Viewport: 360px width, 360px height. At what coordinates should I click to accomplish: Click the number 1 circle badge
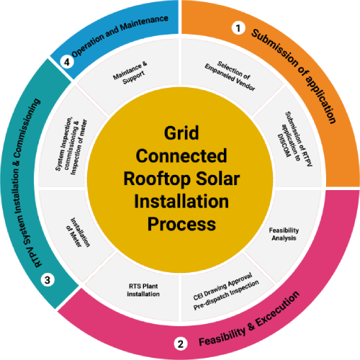[238, 28]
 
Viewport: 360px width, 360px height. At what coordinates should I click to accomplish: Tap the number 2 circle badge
[181, 343]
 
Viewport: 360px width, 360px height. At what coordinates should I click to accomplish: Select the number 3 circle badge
[48, 280]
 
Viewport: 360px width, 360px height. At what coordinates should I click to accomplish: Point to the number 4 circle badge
[66, 62]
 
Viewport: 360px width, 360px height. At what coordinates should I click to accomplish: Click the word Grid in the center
[181, 132]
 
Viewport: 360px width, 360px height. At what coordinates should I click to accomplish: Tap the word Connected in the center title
[181, 156]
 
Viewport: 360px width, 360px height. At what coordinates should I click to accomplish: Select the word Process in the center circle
[181, 224]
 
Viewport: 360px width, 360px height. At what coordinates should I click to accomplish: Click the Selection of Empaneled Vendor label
[230, 76]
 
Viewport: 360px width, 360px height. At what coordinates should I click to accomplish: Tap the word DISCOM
[284, 145]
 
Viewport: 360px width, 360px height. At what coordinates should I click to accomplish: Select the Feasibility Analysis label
[284, 234]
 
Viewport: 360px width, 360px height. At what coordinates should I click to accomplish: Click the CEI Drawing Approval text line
[222, 287]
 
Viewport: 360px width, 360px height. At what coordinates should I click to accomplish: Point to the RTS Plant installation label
[143, 290]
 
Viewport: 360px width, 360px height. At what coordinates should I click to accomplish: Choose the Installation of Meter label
[78, 233]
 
